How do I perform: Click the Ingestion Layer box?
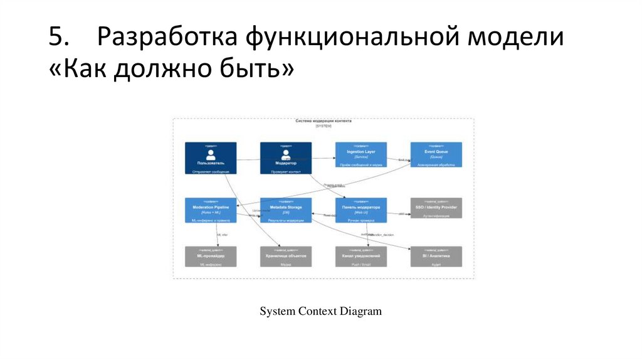click(361, 155)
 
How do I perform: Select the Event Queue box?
click(436, 155)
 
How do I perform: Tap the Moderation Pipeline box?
click(211, 210)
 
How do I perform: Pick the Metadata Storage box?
click(286, 210)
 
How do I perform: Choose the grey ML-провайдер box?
click(211, 257)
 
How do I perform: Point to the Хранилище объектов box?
click(286, 257)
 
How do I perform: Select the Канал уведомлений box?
click(361, 257)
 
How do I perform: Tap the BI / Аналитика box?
click(436, 257)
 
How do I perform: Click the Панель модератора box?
click(361, 210)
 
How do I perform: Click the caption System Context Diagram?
click(320, 311)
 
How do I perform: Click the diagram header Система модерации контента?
click(324, 121)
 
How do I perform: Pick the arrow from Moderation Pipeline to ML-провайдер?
click(218, 235)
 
